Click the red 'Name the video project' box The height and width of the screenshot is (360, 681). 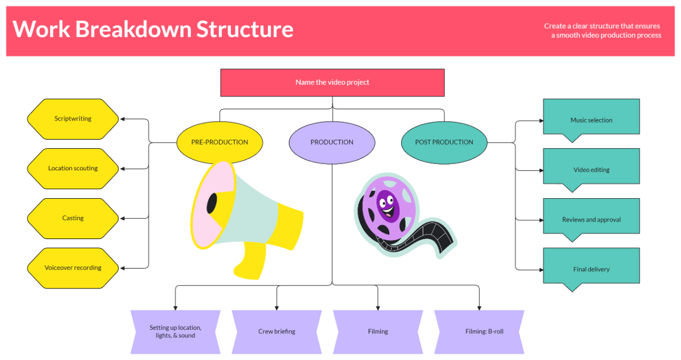tap(332, 82)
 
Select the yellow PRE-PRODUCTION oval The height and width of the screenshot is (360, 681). tap(220, 142)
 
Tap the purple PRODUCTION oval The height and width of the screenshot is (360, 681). tap(332, 142)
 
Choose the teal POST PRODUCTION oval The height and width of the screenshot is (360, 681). tap(444, 142)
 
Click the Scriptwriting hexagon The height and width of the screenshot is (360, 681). tap(73, 119)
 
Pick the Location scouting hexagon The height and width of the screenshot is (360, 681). tap(73, 169)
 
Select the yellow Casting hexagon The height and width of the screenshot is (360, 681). tap(73, 218)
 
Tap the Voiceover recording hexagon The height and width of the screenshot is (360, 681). tap(73, 267)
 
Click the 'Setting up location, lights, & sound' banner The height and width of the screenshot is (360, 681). tap(175, 332)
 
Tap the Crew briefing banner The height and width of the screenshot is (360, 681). tap(276, 332)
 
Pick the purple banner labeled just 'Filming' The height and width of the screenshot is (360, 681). tap(378, 332)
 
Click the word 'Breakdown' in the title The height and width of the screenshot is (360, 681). tap(134, 29)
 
